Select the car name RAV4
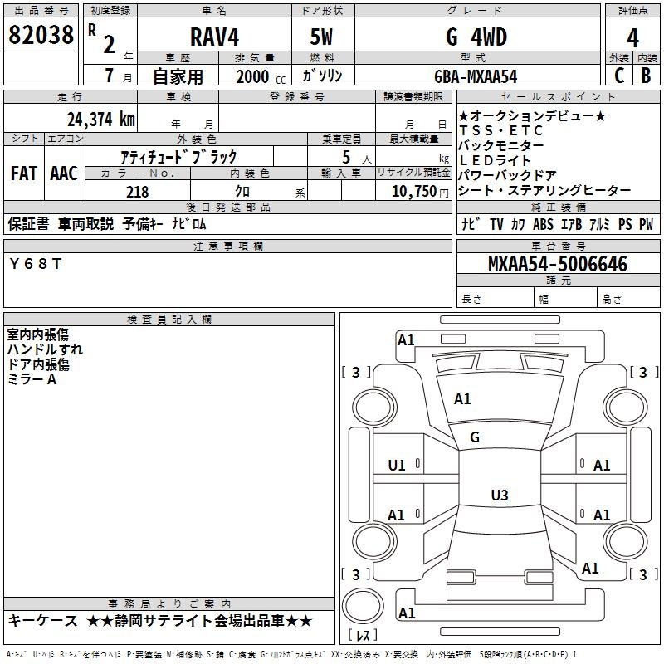tap(216, 37)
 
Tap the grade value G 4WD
tap(476, 37)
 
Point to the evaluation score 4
tap(632, 37)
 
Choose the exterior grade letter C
tap(618, 76)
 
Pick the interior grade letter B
tap(647, 76)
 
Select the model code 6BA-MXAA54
tap(476, 76)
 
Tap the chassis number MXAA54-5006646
tap(558, 264)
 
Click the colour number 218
tap(138, 192)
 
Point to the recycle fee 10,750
tap(414, 192)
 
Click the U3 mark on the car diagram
tap(499, 496)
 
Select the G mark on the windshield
tap(475, 437)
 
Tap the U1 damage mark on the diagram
tap(397, 466)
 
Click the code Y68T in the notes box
tap(36, 263)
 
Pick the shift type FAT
tap(23, 173)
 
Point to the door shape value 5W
tap(323, 37)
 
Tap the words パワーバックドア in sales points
tap(507, 175)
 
